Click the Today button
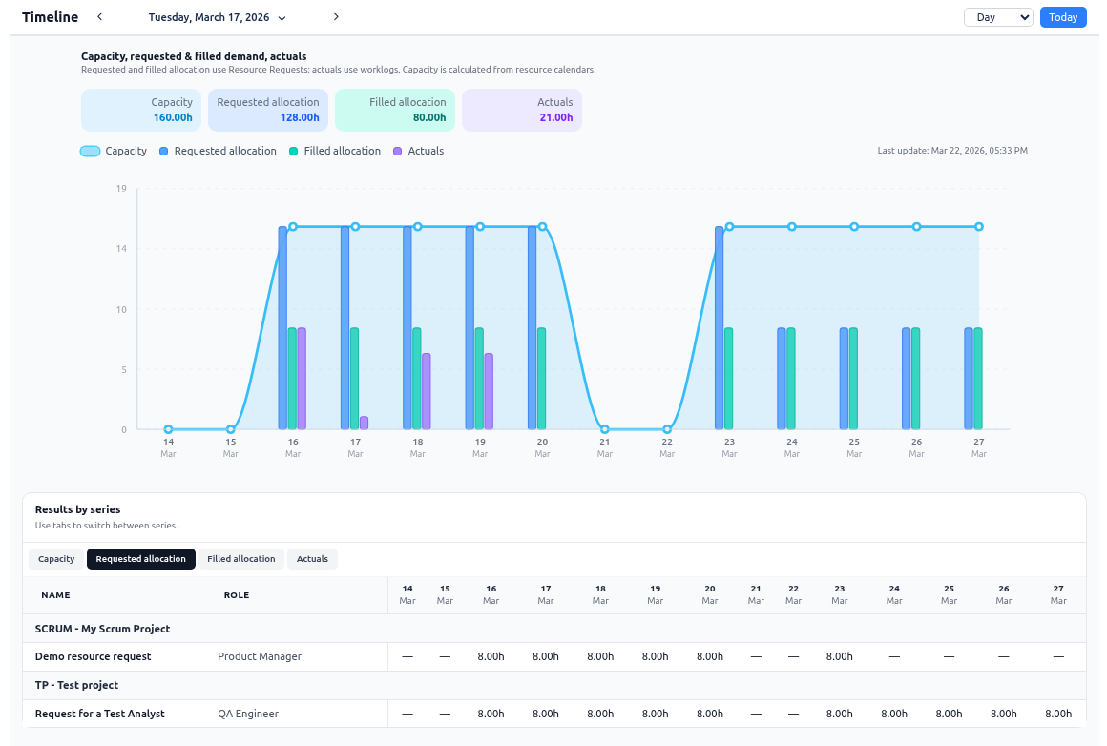1063,17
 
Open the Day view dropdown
998,17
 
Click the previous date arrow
100,17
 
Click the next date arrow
336,17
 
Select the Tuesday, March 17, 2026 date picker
217,17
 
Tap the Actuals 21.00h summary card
521,110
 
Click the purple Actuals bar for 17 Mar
365,423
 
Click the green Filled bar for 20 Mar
542,379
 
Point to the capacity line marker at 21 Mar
605,429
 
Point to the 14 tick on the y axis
121,249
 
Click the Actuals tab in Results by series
312,559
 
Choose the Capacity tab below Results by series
56,559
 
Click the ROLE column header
237,595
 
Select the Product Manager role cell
260,656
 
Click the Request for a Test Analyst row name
99,714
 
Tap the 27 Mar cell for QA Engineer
1058,714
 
